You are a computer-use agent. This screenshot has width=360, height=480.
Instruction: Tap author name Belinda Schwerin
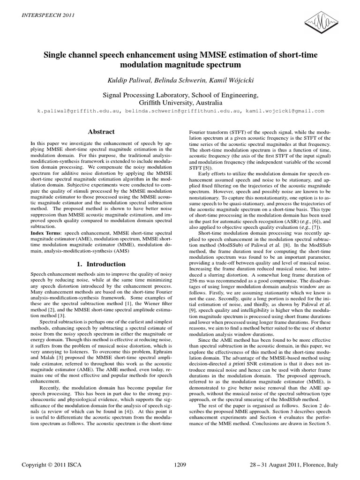tap(180, 81)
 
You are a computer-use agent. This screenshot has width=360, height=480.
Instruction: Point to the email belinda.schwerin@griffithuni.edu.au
tap(180, 111)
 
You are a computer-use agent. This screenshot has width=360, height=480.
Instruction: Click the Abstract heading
tap(101, 133)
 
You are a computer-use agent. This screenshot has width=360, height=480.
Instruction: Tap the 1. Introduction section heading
tap(101, 264)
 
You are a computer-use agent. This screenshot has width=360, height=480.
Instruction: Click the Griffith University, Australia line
tap(180, 102)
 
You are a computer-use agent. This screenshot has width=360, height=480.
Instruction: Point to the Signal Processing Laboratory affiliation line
tap(180, 95)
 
